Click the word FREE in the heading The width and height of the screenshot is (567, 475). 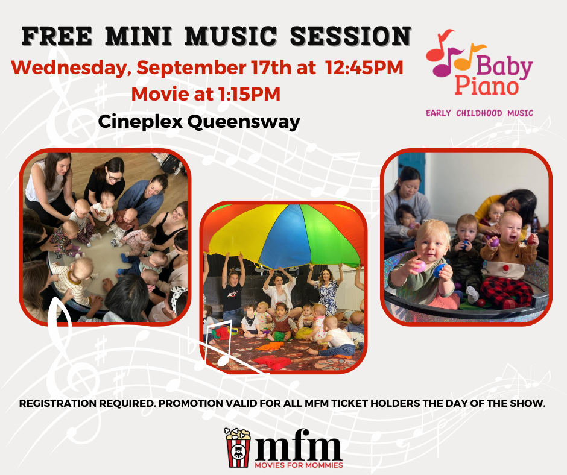tap(57, 36)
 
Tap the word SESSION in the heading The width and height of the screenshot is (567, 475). tap(350, 36)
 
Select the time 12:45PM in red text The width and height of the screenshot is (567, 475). tap(364, 68)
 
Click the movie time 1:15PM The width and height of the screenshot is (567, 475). tap(250, 94)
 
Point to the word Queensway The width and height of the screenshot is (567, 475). tap(244, 122)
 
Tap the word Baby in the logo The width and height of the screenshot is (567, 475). tap(504, 68)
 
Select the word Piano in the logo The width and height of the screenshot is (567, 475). tap(486, 86)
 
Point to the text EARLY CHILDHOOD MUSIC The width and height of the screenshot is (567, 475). tap(480, 113)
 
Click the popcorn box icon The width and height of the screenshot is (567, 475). tap(238, 447)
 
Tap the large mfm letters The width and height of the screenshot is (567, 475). tap(298, 445)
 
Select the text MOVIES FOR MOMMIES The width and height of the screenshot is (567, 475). tap(299, 465)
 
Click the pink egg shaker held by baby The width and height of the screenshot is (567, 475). tap(420, 267)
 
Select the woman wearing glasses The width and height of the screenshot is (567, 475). tap(106, 181)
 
